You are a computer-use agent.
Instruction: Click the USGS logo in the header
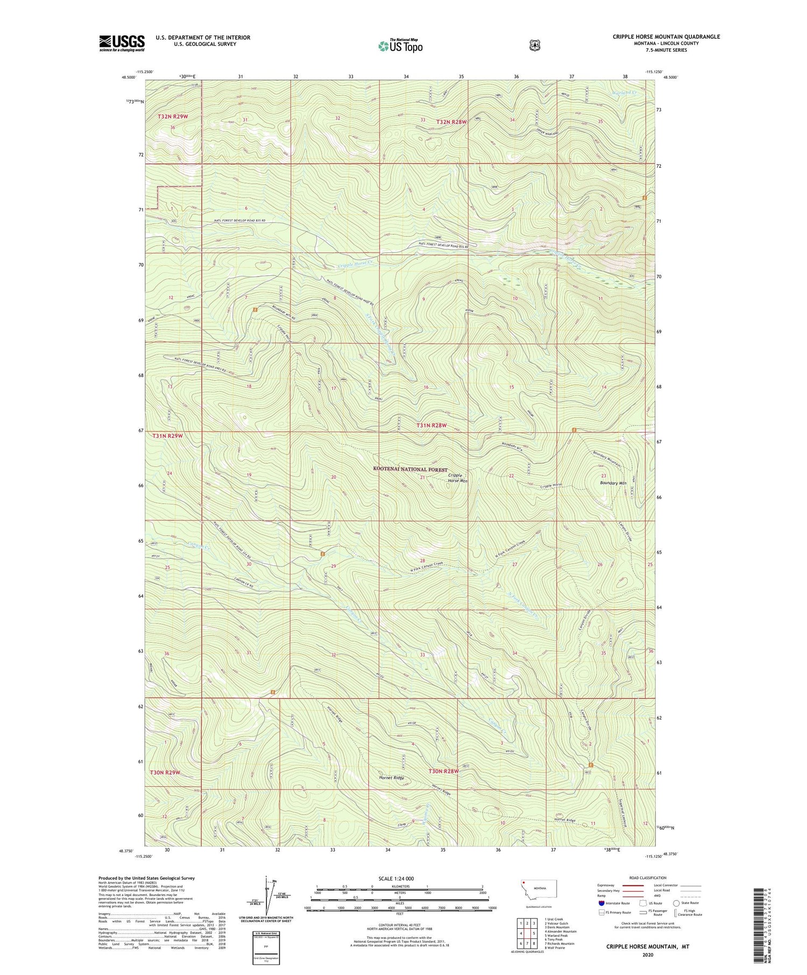pyautogui.click(x=122, y=43)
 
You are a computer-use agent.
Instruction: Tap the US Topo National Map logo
pyautogui.click(x=400, y=46)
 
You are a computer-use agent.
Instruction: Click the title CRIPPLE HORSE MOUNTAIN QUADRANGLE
pyautogui.click(x=666, y=37)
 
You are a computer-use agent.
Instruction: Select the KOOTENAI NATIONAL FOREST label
pyautogui.click(x=410, y=469)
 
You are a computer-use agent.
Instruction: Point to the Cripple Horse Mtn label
pyautogui.click(x=457, y=478)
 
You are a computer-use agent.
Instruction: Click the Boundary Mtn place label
pyautogui.click(x=613, y=483)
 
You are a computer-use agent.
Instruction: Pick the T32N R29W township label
pyautogui.click(x=173, y=116)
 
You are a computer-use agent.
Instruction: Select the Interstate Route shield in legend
pyautogui.click(x=601, y=903)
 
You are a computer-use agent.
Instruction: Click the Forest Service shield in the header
pyautogui.click(x=534, y=46)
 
